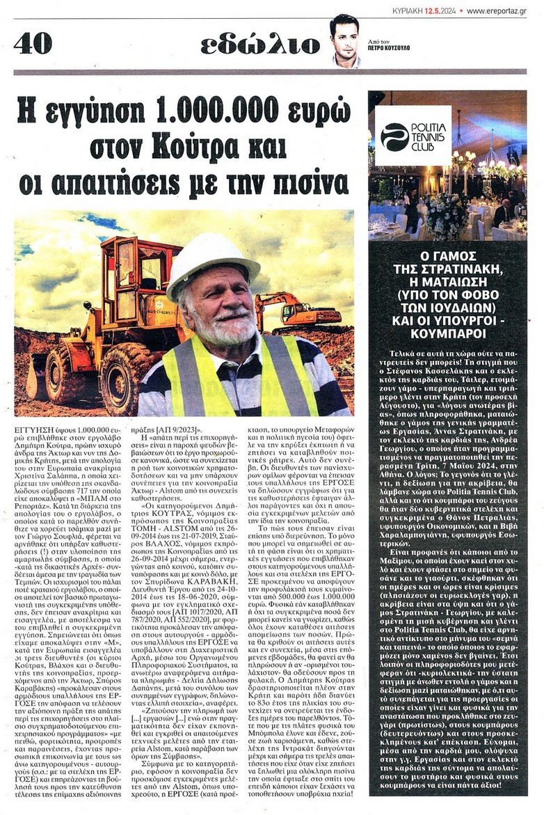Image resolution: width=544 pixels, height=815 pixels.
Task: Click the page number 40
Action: [x=33, y=44]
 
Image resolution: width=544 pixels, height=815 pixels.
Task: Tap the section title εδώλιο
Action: [x=260, y=45]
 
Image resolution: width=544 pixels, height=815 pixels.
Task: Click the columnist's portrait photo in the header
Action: [x=345, y=40]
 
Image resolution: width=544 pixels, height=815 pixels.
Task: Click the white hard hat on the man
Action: [x=211, y=262]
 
